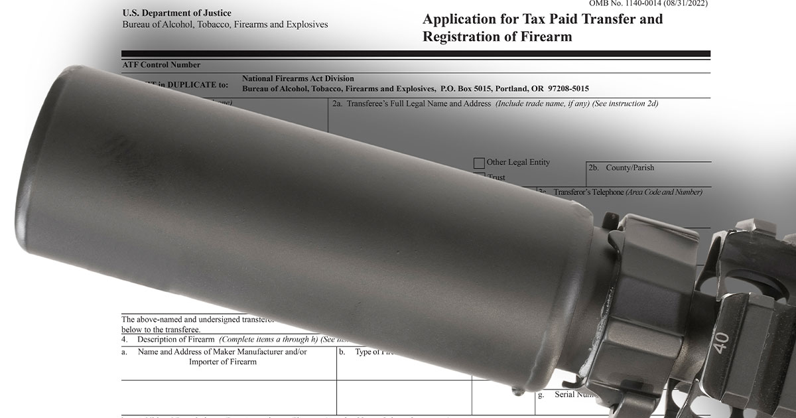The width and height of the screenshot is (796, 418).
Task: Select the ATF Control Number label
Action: click(x=161, y=65)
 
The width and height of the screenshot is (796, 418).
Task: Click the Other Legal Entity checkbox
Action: click(x=479, y=163)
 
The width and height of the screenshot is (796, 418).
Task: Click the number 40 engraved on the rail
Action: click(x=721, y=340)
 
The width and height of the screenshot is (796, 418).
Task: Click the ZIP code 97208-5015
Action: click(x=565, y=88)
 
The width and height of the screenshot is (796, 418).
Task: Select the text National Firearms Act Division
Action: click(x=298, y=78)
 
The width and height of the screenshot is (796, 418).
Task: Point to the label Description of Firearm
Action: click(x=176, y=339)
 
